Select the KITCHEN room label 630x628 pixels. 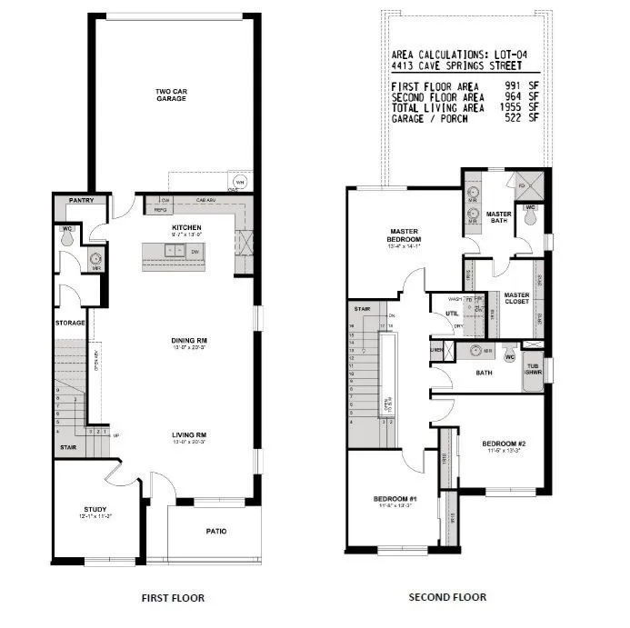(186, 227)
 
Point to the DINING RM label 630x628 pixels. (186, 341)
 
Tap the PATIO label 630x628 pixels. (216, 532)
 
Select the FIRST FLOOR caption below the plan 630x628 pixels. (173, 597)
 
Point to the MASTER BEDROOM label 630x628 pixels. (403, 235)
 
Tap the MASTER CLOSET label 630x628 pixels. (516, 298)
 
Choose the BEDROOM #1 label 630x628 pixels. (395, 499)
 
